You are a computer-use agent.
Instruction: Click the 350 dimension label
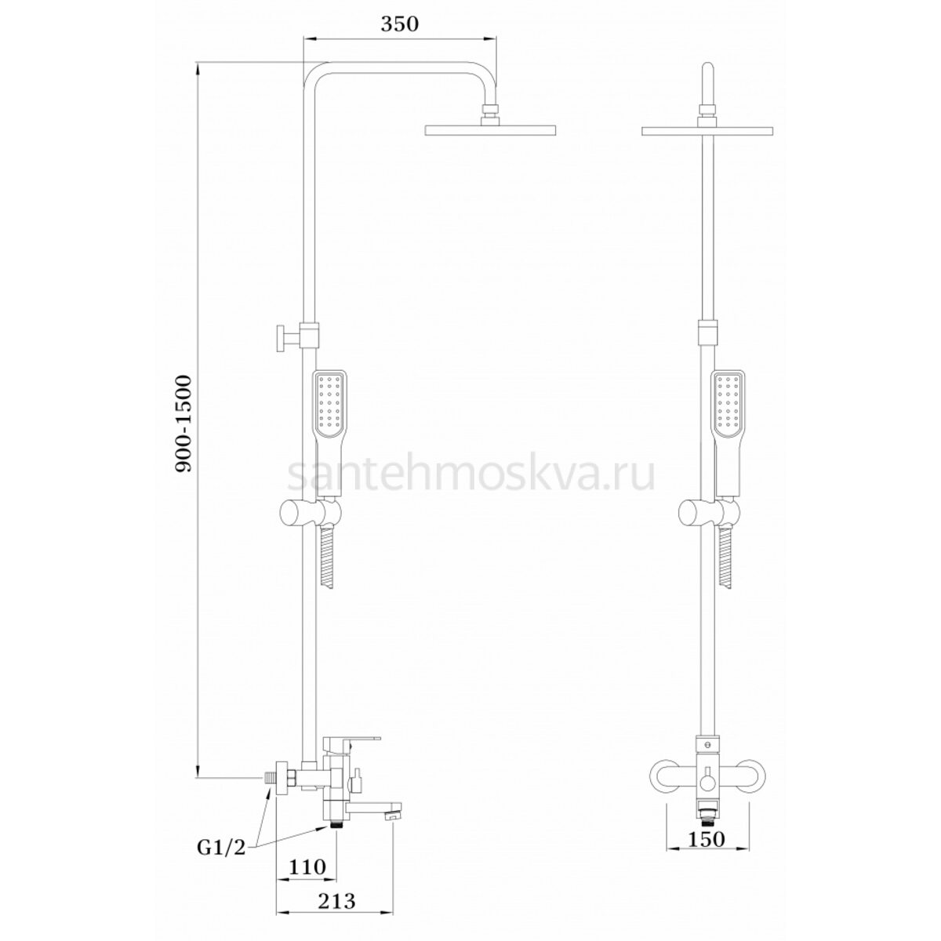tap(399, 24)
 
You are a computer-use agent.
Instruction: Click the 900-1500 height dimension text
tap(184, 423)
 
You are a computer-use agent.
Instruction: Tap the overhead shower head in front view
tap(707, 131)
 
